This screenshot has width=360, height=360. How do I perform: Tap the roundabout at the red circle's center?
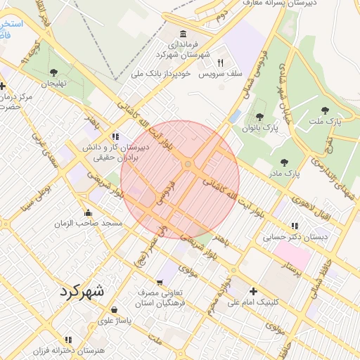click(188, 165)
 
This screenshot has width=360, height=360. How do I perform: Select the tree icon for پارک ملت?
click(324, 110)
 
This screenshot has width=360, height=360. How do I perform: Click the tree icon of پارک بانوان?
click(259, 117)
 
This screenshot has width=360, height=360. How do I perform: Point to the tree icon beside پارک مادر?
click(285, 162)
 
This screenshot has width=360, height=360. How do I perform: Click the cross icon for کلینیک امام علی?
click(254, 291)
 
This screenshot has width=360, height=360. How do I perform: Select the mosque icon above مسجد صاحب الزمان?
click(88, 212)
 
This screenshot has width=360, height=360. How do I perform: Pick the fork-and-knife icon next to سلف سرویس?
click(220, 63)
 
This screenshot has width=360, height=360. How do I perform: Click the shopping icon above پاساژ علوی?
click(114, 309)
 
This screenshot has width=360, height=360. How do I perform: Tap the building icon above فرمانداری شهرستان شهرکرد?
click(184, 34)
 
